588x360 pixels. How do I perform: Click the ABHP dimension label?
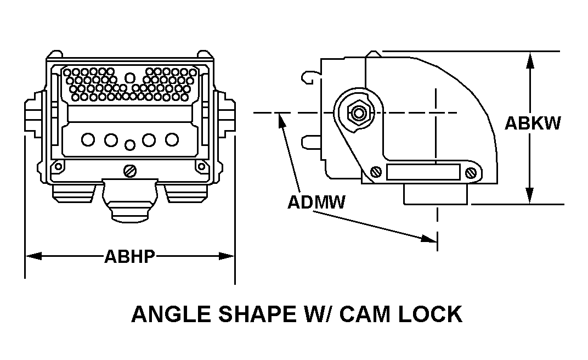coord(130,256)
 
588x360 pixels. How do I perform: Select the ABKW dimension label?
coord(533,123)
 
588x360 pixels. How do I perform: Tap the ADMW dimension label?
coord(316,203)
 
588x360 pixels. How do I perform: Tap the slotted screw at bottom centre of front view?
coord(130,171)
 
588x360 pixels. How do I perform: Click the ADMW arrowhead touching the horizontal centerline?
coord(281,119)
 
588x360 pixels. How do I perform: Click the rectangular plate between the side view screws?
coord(423,173)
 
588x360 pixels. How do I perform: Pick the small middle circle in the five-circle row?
coord(130,145)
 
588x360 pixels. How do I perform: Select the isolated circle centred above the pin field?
coord(129,77)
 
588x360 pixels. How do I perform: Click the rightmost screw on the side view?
coord(471,173)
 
